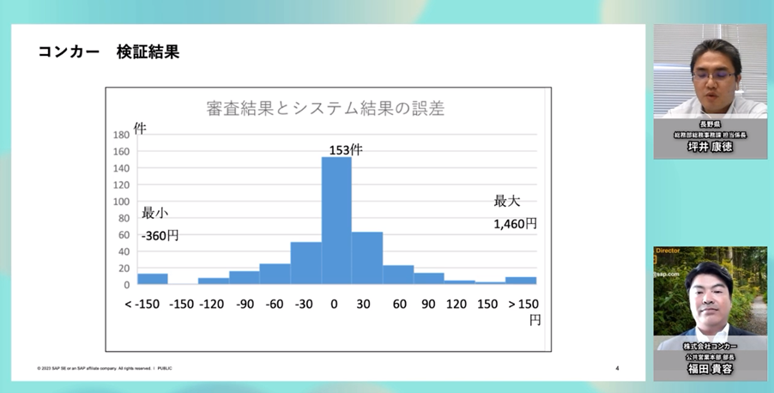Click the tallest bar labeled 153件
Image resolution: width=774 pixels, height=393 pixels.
tap(336, 220)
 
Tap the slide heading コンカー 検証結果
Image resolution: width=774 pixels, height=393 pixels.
tap(108, 52)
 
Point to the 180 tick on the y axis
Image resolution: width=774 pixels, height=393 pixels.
tap(121, 135)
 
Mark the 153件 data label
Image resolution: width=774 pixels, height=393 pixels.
tap(346, 149)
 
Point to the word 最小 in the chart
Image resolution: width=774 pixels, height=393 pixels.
tap(155, 212)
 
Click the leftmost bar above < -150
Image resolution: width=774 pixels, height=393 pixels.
tap(153, 279)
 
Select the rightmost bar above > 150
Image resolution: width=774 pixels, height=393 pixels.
tap(521, 280)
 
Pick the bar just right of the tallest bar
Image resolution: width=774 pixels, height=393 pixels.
tap(367, 257)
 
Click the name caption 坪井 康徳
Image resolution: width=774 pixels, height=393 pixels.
tap(710, 148)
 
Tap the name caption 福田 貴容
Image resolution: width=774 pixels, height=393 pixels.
tap(710, 368)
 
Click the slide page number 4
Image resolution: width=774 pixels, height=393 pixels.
tap(618, 369)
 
